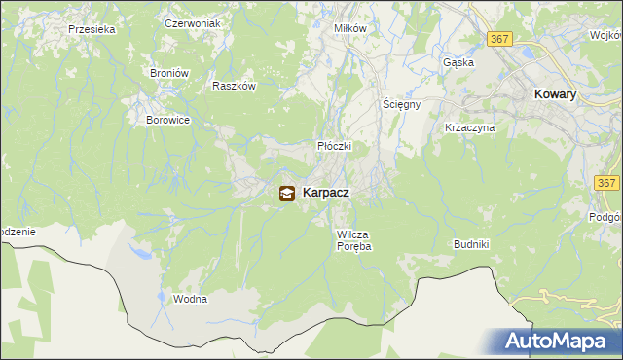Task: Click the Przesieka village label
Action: pyautogui.click(x=92, y=30)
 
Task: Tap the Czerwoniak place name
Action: pyautogui.click(x=193, y=22)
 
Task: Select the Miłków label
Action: pyautogui.click(x=349, y=28)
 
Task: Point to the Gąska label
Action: pyautogui.click(x=458, y=62)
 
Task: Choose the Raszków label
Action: pyautogui.click(x=234, y=86)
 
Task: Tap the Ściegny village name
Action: pyautogui.click(x=400, y=104)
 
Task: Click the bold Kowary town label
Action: pyautogui.click(x=556, y=94)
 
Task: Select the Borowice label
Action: pyautogui.click(x=167, y=120)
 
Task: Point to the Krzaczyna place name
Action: pyautogui.click(x=470, y=127)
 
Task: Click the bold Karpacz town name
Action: pyautogui.click(x=326, y=193)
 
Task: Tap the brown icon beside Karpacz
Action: pyautogui.click(x=287, y=194)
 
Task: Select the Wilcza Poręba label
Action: pyautogui.click(x=354, y=240)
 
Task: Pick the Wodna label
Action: pyautogui.click(x=190, y=299)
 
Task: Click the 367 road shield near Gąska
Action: pyautogui.click(x=500, y=39)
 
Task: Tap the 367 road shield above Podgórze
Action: pyautogui.click(x=607, y=183)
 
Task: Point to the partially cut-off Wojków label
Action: pyautogui.click(x=607, y=35)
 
